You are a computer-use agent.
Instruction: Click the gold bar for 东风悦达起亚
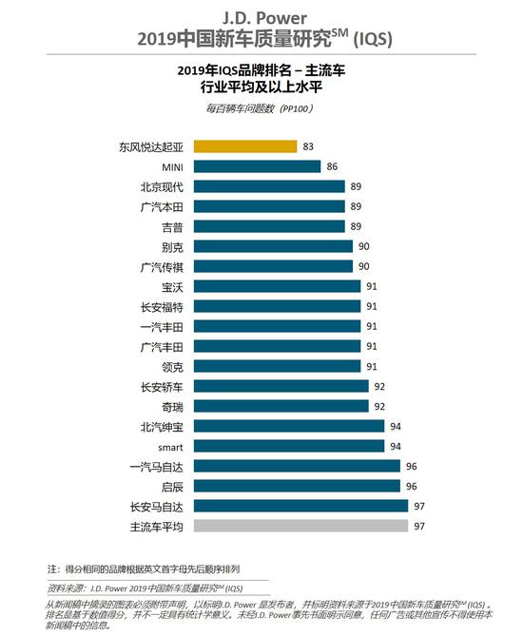pos(245,146)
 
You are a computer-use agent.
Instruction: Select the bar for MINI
pos(257,166)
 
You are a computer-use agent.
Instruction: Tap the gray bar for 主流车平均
pos(299,526)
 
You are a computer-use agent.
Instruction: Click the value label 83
pos(309,146)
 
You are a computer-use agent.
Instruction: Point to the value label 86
pos(332,166)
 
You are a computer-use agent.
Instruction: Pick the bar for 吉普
pos(269,226)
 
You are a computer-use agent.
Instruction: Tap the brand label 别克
pos(172,246)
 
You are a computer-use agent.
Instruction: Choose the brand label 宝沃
pos(172,286)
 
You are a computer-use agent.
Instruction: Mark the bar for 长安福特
pos(277,306)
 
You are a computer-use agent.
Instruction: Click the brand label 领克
pos(172,366)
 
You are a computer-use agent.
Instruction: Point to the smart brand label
pos(168,446)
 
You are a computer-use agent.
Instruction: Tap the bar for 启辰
pos(297,486)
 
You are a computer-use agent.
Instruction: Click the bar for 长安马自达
pos(299,506)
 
